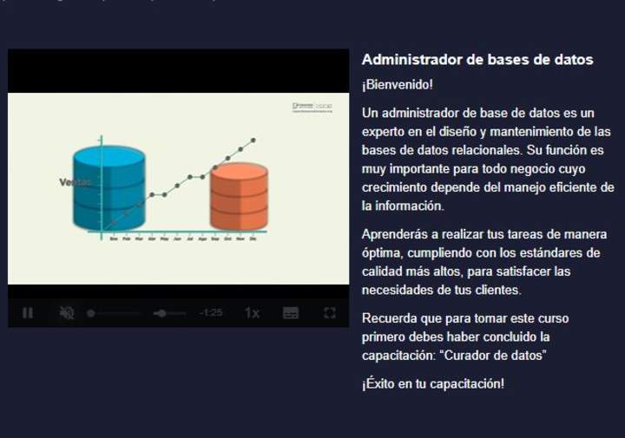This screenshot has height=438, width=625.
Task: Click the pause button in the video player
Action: pyautogui.click(x=28, y=312)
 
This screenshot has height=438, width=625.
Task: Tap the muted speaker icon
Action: pyautogui.click(x=67, y=312)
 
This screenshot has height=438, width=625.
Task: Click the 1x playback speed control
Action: pyautogui.click(x=252, y=312)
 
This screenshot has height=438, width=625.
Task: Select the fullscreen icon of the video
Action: pyautogui.click(x=330, y=312)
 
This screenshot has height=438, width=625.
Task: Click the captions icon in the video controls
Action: pyautogui.click(x=291, y=312)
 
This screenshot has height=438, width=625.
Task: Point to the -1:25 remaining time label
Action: pyautogui.click(x=210, y=312)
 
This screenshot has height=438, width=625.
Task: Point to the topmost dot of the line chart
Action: pyautogui.click(x=253, y=139)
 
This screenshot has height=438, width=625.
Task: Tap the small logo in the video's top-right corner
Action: pyautogui.click(x=312, y=107)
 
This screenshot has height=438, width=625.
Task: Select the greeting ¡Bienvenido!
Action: pyautogui.click(x=397, y=85)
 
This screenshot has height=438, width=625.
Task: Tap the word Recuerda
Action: pyautogui.click(x=391, y=318)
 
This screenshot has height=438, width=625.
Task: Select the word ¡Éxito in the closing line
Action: pyautogui.click(x=379, y=383)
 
